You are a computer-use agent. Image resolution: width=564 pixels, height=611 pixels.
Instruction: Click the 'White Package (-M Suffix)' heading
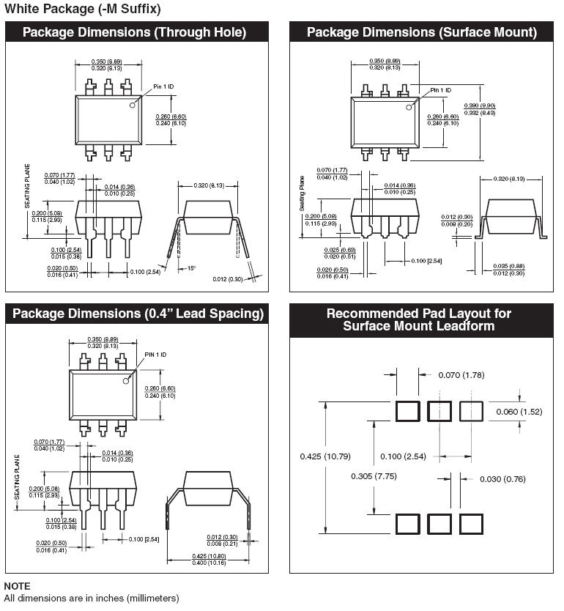pyautogui.click(x=83, y=9)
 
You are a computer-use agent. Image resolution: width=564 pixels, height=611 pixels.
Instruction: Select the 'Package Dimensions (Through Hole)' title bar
pyautogui.click(x=134, y=32)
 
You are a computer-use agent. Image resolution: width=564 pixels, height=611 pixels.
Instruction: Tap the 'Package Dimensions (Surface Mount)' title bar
pyautogui.click(x=421, y=32)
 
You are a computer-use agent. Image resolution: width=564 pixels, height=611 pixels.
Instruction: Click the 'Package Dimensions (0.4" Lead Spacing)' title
pyautogui.click(x=138, y=314)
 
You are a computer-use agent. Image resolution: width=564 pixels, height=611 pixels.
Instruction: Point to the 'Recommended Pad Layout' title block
pyautogui.click(x=418, y=319)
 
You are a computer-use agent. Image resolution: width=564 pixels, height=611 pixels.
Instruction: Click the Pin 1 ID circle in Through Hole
pyautogui.click(x=133, y=105)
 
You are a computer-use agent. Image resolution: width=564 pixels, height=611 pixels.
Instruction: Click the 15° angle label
pyautogui.click(x=191, y=267)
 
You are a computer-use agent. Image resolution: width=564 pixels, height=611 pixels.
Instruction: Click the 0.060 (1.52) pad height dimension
pyautogui.click(x=518, y=412)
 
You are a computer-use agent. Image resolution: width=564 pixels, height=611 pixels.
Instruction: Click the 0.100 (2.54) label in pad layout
pyautogui.click(x=402, y=456)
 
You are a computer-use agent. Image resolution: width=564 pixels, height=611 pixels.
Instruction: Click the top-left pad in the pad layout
pyautogui.click(x=407, y=411)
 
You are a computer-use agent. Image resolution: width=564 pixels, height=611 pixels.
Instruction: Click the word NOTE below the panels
pyautogui.click(x=18, y=586)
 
